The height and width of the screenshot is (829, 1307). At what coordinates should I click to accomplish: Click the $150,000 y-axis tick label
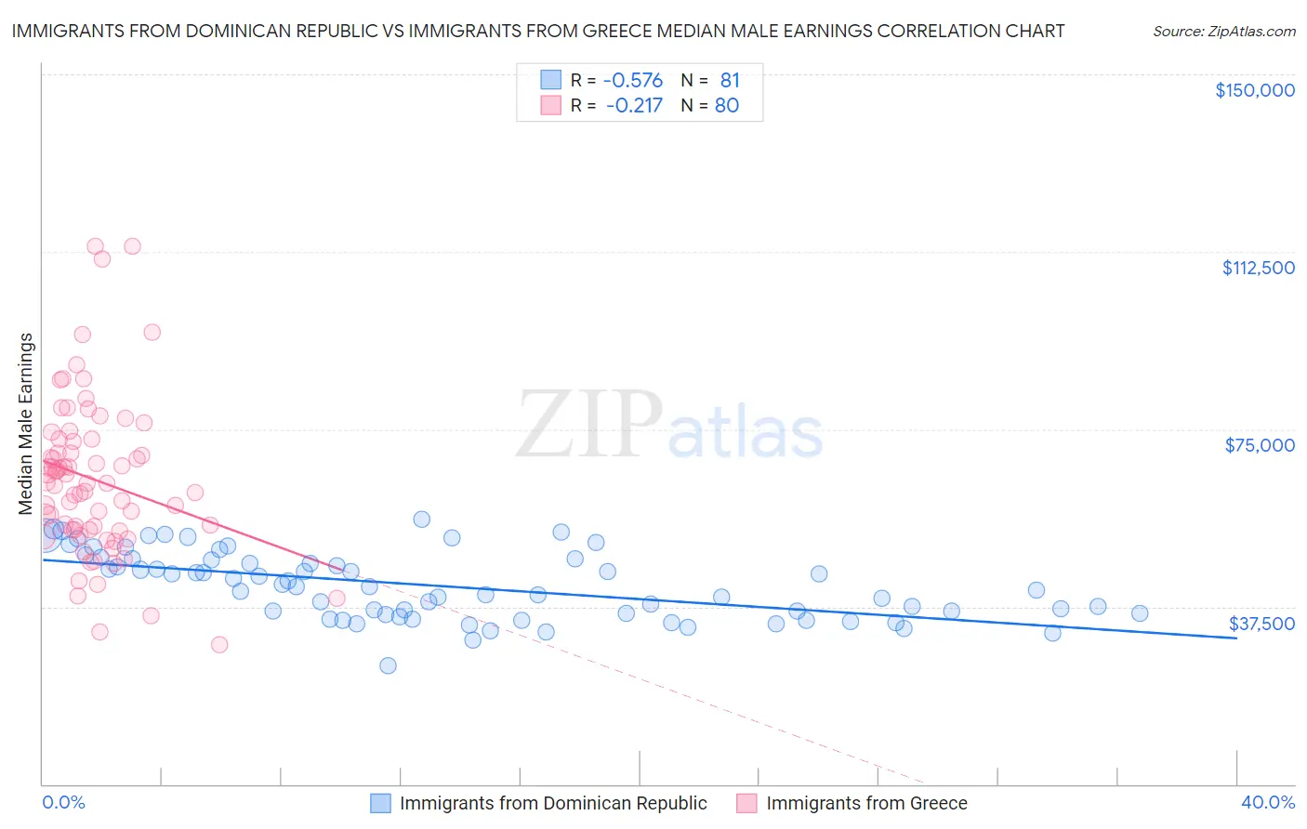click(x=1254, y=90)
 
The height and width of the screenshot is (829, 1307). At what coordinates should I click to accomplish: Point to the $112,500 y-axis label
click(x=1257, y=268)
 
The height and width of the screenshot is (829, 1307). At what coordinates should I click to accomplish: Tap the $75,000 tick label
click(x=1259, y=445)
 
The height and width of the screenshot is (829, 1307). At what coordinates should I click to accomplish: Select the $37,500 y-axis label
click(x=1261, y=623)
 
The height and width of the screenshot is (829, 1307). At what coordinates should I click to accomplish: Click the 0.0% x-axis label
click(x=63, y=802)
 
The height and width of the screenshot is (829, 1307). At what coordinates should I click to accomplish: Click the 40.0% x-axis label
click(x=1267, y=802)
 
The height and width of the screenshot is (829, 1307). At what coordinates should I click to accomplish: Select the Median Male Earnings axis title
click(x=25, y=423)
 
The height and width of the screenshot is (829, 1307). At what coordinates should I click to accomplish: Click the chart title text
click(x=538, y=32)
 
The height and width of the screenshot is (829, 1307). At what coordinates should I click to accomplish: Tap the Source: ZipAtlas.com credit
click(x=1223, y=32)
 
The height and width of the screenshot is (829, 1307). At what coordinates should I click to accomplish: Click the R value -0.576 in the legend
click(x=633, y=81)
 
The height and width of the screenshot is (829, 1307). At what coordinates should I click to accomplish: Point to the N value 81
click(x=729, y=81)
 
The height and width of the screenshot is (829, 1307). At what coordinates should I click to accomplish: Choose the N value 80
click(x=726, y=105)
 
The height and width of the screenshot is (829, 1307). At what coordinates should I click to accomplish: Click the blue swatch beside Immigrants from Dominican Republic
click(x=380, y=803)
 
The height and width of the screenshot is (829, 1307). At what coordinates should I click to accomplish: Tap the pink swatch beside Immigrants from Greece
click(x=746, y=803)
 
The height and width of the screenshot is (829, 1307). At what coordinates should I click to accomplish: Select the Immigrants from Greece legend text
click(x=866, y=803)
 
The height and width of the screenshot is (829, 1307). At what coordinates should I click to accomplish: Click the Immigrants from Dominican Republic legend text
click(x=553, y=803)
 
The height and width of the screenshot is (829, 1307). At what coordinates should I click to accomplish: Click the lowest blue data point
click(x=388, y=665)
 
